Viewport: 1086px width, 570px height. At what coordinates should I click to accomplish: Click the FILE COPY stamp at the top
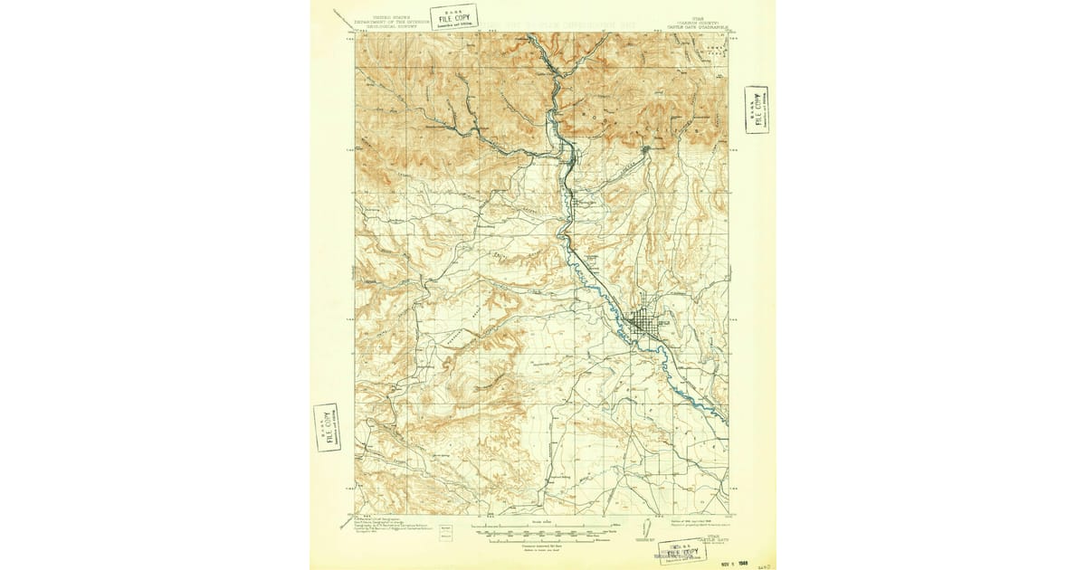453,15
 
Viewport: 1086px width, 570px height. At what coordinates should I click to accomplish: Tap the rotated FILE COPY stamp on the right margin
757,110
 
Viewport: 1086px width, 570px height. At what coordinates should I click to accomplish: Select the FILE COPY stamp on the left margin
327,427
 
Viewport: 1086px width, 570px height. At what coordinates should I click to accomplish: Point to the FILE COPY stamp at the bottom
683,553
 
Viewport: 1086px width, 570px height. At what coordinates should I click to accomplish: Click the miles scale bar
543,525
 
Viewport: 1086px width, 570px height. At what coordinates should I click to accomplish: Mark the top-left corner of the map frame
354,33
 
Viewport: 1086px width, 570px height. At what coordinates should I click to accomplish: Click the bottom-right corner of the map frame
729,515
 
